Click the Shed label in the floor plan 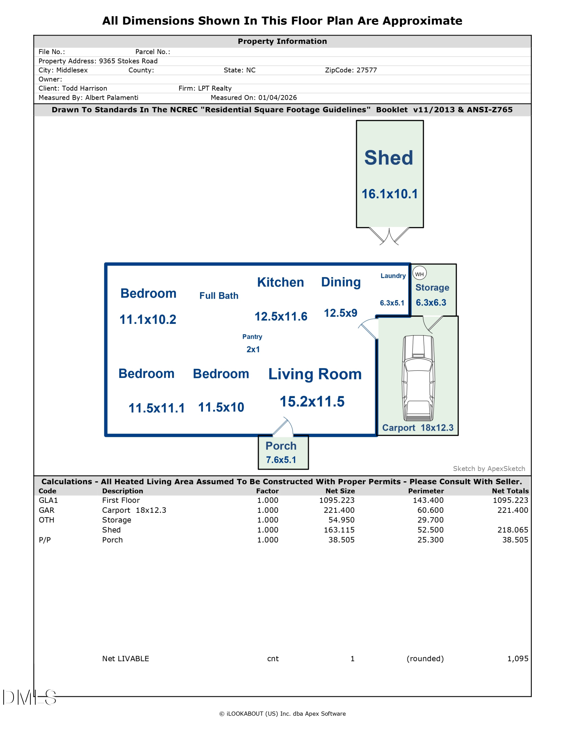(x=388, y=158)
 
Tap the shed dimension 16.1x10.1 (x=389, y=194)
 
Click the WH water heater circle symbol (x=419, y=273)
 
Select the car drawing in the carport (x=418, y=378)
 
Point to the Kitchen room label (x=280, y=282)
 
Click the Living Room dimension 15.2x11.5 (x=312, y=401)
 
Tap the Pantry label (x=252, y=337)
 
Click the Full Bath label (x=219, y=296)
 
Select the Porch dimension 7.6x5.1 (x=281, y=460)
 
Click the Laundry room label (x=393, y=276)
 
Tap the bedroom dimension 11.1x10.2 (x=148, y=319)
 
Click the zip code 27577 (x=366, y=70)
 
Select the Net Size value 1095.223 (x=336, y=500)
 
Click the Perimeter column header (x=426, y=491)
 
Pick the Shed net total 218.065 (x=512, y=530)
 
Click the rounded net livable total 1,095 (x=517, y=659)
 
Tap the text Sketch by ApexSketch (x=489, y=469)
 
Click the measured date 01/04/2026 (x=277, y=98)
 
